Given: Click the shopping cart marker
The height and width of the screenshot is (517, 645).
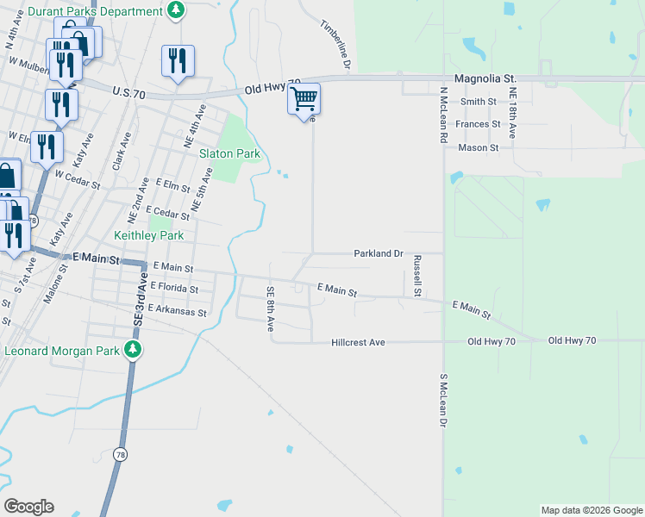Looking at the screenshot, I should coord(304,99).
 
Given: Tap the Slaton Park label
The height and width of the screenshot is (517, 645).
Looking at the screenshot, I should coord(230,153).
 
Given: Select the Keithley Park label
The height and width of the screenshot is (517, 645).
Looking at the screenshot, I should coord(149,235).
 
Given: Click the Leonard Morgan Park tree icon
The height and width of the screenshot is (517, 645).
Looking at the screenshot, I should coord(133,350).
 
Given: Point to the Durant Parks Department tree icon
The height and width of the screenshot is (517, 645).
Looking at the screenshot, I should coord(176,11).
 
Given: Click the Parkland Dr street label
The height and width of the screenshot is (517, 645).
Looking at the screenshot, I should coord(379,253).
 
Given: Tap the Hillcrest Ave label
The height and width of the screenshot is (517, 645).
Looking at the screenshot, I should coord(358,342).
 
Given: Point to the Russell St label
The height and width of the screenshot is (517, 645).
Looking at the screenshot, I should coord(416,276).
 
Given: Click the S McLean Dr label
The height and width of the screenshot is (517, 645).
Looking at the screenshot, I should coord(444,401).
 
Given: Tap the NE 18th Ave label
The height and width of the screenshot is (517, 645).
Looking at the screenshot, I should coord(512,113).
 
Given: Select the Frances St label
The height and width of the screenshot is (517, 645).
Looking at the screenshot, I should coord(479,124).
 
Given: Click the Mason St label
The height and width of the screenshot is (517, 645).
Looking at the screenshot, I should coord(479,147).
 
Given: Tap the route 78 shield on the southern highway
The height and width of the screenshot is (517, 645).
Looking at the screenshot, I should coord(118,454).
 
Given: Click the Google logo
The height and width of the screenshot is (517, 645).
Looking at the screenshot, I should coord(28,507).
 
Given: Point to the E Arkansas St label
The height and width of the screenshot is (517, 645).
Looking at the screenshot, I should coord(178,310).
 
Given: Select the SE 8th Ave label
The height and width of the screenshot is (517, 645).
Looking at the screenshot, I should coord(270,309).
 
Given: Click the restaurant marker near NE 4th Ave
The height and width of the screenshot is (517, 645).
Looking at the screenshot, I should coord(178,60).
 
